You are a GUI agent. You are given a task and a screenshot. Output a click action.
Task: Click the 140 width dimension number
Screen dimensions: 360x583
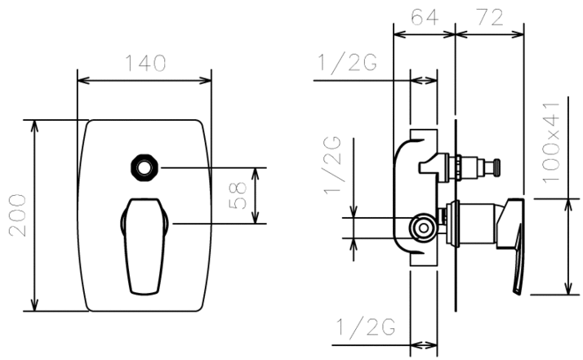pos(145,63)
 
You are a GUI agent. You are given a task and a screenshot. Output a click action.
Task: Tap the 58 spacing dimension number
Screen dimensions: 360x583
pos(238,196)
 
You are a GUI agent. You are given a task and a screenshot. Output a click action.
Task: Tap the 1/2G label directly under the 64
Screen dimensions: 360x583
pos(347,63)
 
